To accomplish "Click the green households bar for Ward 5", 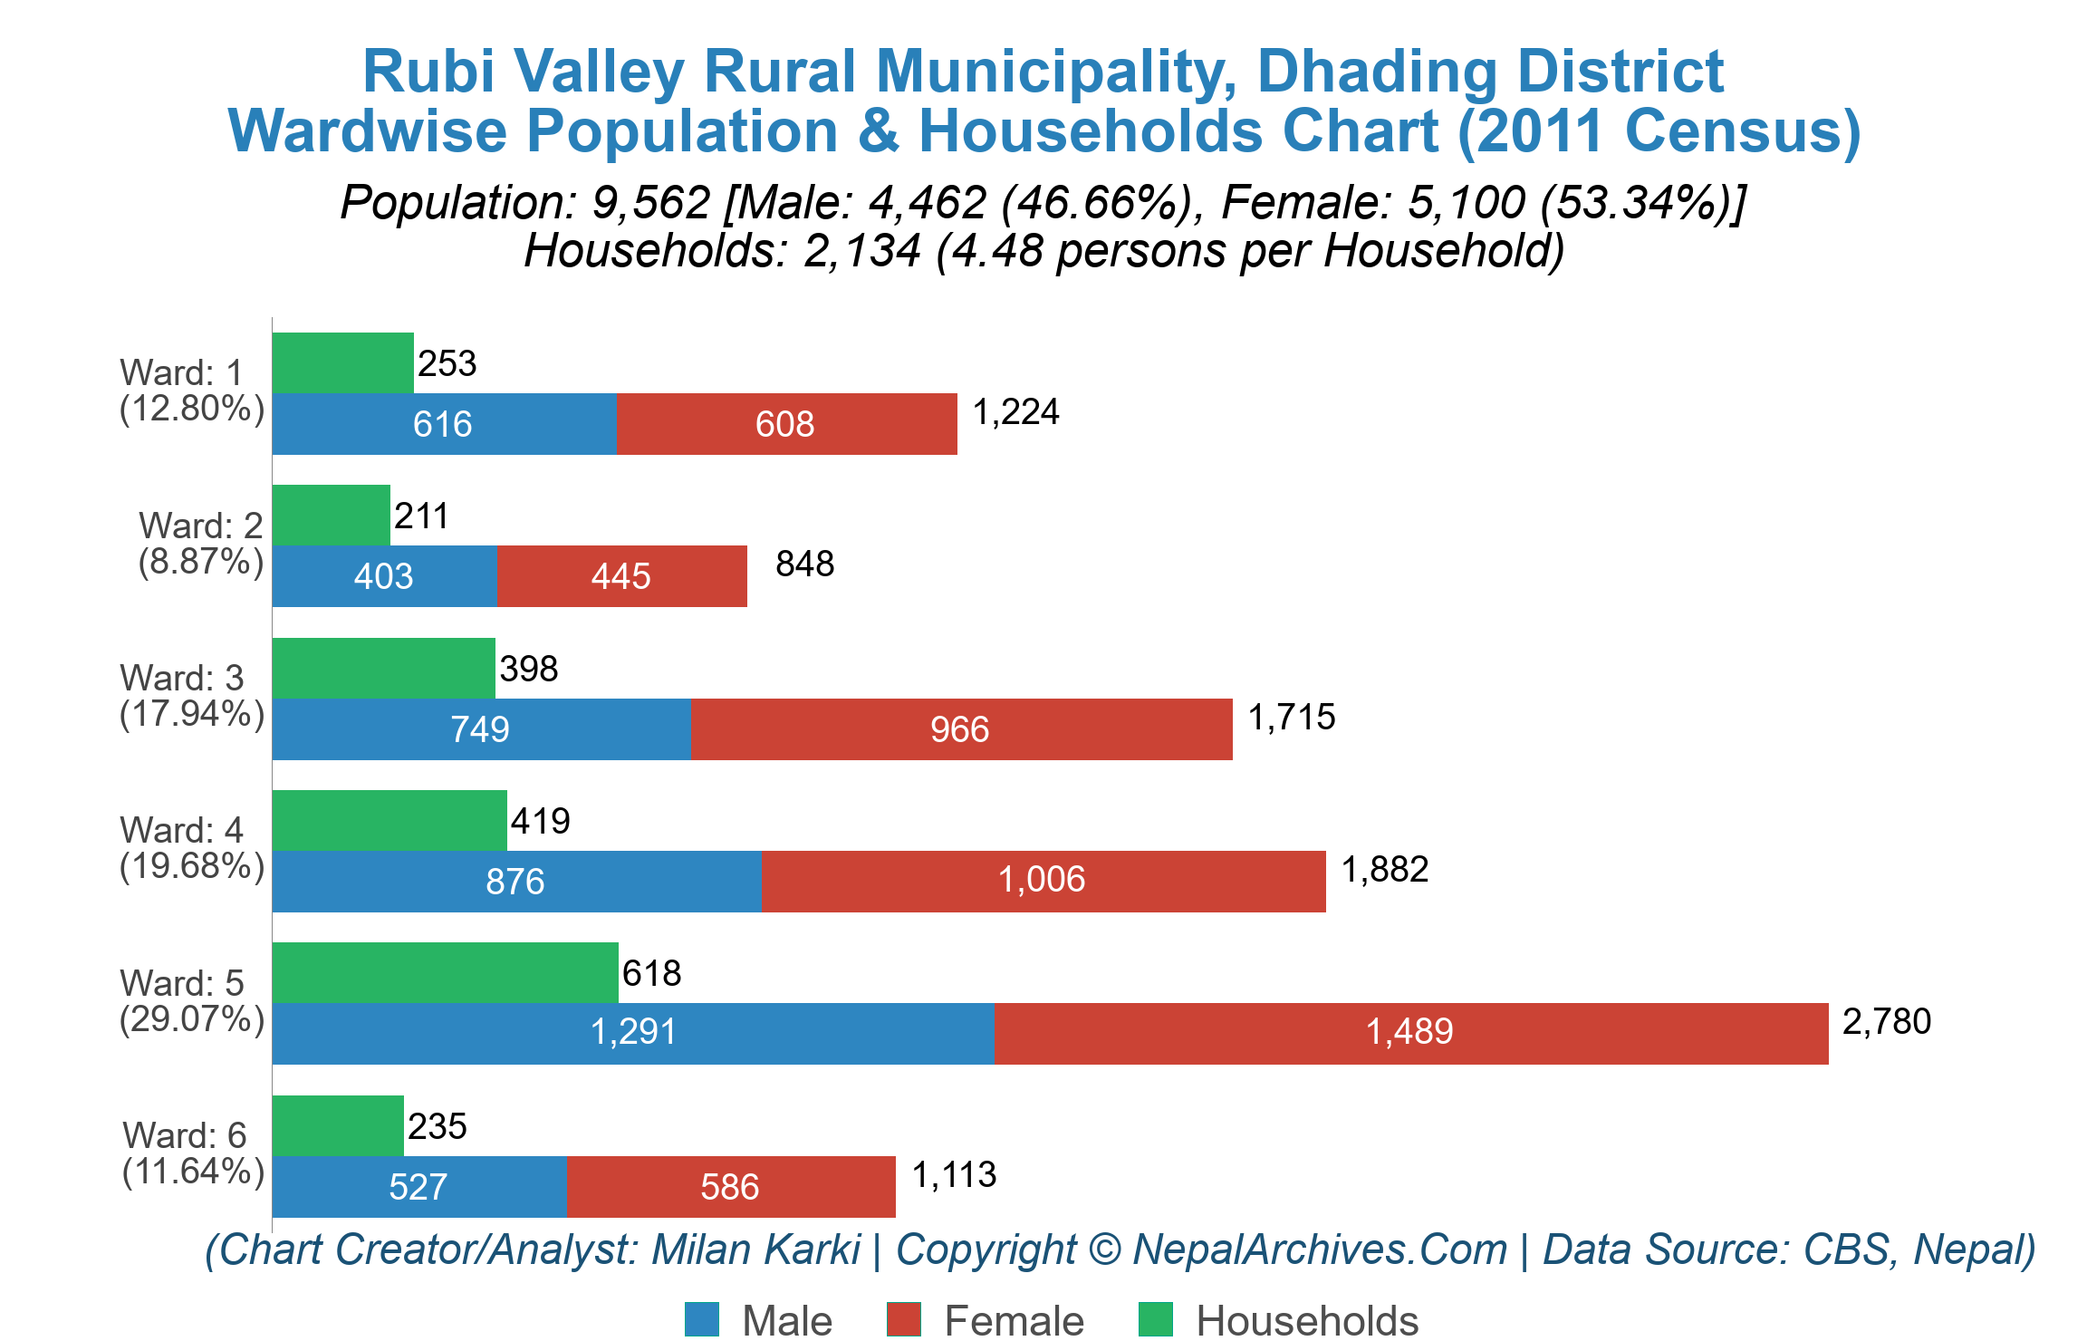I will [x=445, y=972].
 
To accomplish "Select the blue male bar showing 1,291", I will [x=632, y=1033].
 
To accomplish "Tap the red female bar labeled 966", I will [x=961, y=729].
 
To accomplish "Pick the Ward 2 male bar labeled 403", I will [x=384, y=576].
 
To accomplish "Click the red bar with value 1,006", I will [x=1043, y=881].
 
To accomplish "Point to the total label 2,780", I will [x=1887, y=1022].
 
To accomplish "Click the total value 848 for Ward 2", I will [x=804, y=564].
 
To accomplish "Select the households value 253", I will [x=447, y=364].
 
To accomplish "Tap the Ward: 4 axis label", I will [x=181, y=830].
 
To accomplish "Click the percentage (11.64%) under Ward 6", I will [x=193, y=1172].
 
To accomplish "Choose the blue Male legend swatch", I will [x=702, y=1319].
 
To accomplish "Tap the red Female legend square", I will [x=903, y=1319].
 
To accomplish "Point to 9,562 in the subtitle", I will [x=650, y=202].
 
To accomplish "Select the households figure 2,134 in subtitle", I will [x=861, y=251].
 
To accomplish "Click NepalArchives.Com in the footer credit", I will [x=1319, y=1250].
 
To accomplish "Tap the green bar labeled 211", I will [x=331, y=515].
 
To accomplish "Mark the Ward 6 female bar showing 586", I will [x=730, y=1187].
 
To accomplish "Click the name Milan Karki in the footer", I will [x=755, y=1250].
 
